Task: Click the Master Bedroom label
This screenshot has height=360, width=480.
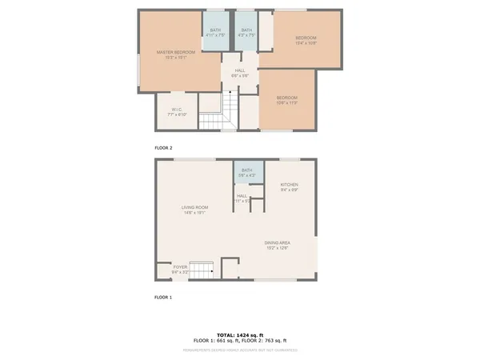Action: coord(175,54)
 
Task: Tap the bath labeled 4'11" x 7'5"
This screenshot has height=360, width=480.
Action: coord(215,33)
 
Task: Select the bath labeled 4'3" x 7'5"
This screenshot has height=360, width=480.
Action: coord(246,33)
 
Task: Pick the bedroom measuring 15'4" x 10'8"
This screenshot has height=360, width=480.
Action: coord(306,41)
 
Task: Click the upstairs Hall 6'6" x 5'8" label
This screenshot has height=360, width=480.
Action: coord(239,73)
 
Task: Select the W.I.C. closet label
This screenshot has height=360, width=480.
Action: coord(177,112)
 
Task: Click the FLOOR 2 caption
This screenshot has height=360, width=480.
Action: coord(163,148)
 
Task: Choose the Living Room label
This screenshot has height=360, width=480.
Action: coord(194,210)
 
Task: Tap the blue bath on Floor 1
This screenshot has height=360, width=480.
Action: coord(247,172)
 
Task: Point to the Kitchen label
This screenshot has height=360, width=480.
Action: coord(289,187)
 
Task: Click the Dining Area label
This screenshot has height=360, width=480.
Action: coord(278,246)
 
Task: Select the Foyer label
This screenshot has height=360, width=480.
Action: coord(180,269)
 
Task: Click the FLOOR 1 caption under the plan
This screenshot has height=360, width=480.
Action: coord(163,297)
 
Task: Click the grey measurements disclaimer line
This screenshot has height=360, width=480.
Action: coord(240,350)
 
